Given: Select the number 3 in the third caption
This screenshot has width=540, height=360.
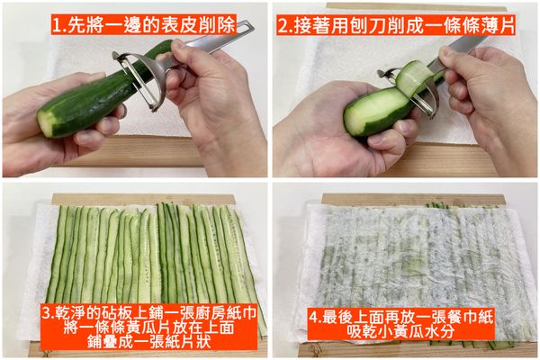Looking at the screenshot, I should point(47,314).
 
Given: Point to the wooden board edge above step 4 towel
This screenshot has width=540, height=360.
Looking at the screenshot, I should point(405,199).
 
